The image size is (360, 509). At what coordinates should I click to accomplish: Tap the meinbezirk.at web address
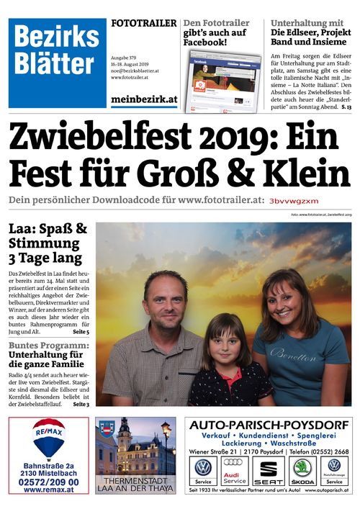[x=144, y=100]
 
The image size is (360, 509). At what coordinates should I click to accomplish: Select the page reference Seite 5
[x=81, y=332]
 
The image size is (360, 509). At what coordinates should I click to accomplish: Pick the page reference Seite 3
[x=81, y=405]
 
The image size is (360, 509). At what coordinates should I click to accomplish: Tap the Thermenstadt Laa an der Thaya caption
[x=135, y=484]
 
